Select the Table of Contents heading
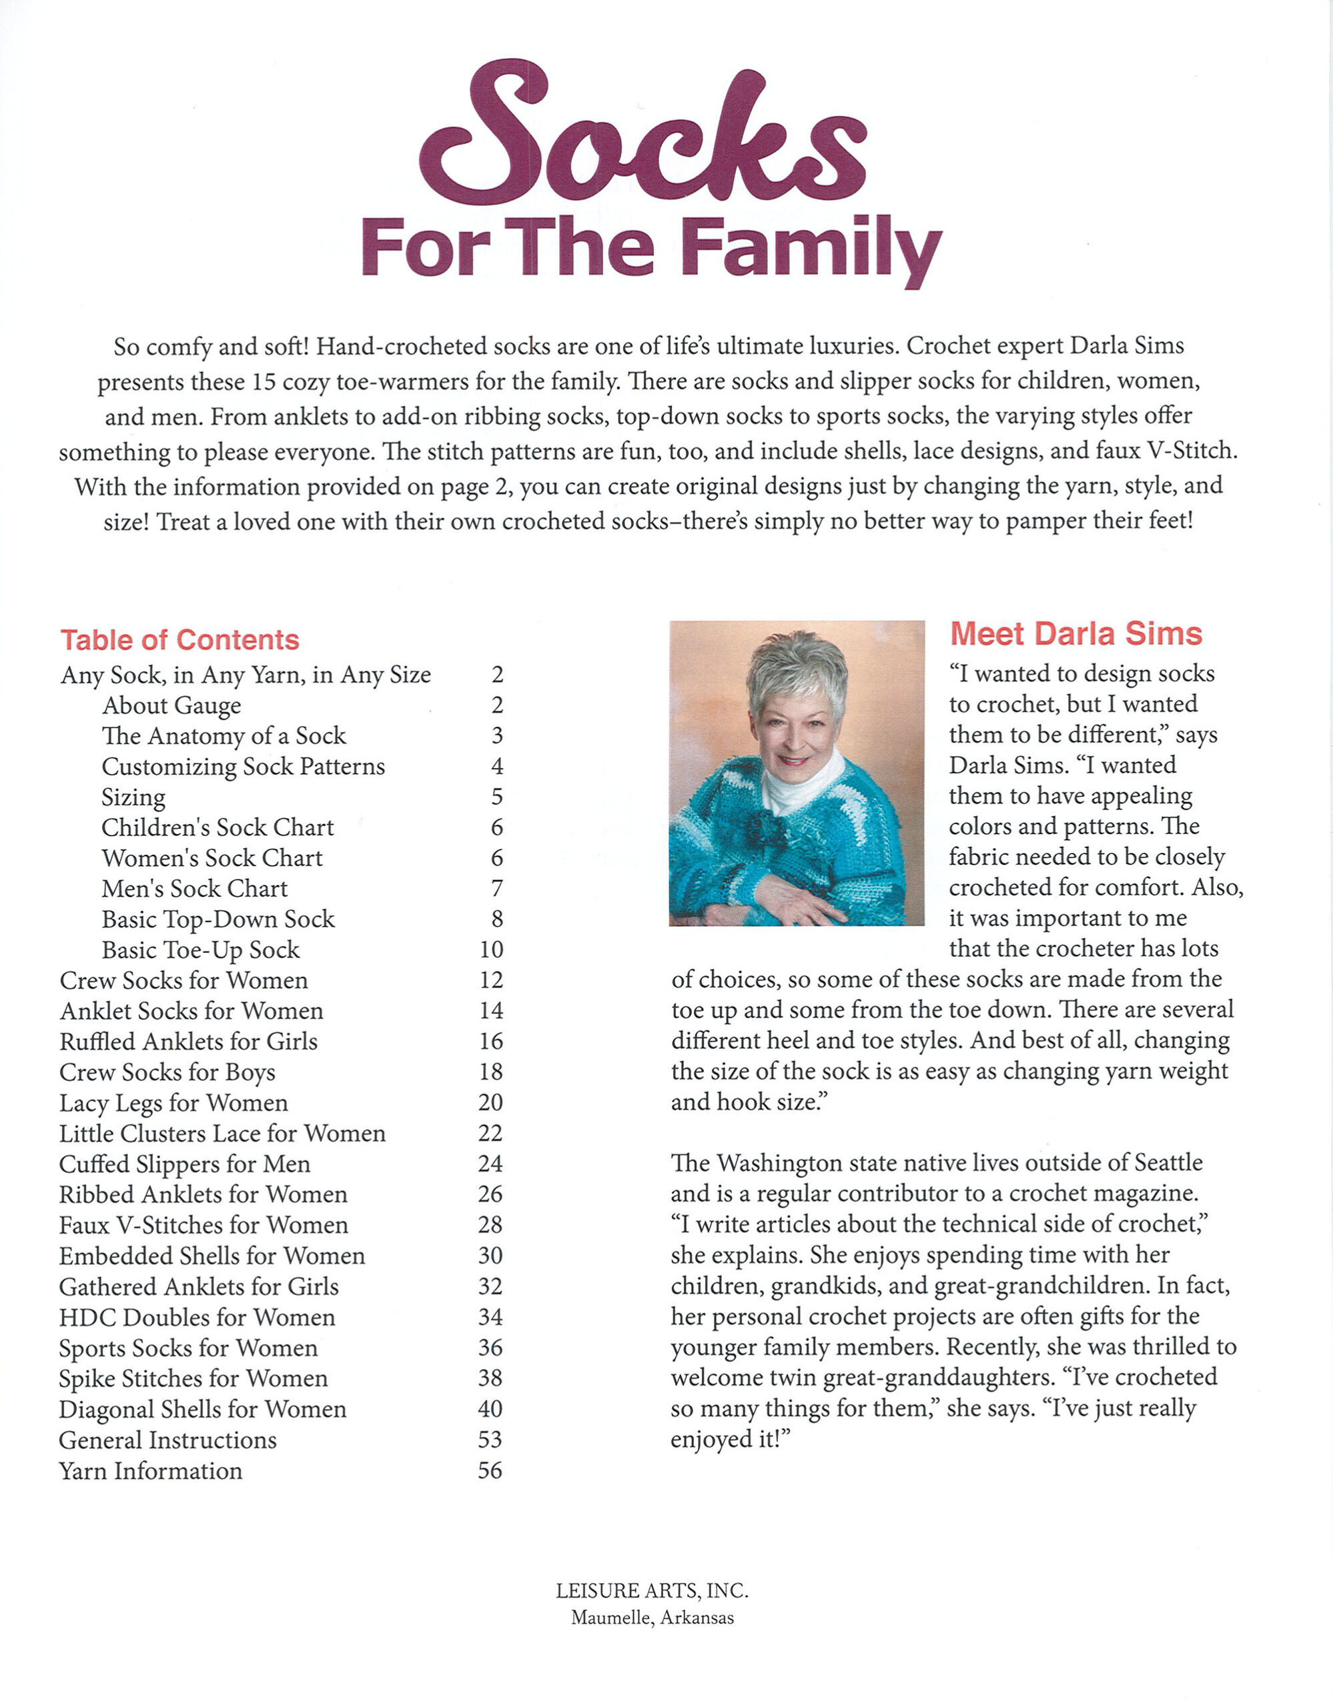(180, 639)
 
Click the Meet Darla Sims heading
(1075, 634)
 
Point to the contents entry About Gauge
(171, 705)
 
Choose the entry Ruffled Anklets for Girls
(188, 1041)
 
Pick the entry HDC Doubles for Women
(197, 1317)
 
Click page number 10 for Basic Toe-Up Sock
(491, 950)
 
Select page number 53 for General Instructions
(490, 1440)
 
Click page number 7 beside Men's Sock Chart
(496, 889)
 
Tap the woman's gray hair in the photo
(796, 664)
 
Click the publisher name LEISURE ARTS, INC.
(652, 1590)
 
